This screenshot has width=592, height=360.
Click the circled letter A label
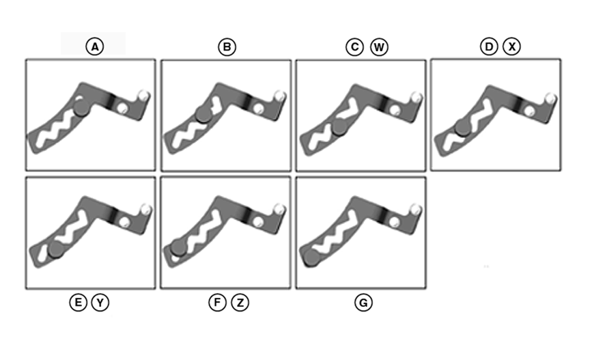click(x=95, y=46)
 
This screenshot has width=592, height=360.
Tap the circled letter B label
click(x=227, y=46)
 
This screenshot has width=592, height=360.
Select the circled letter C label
click(x=354, y=46)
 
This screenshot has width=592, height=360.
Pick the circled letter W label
click(x=378, y=46)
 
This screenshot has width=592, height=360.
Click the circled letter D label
click(x=488, y=46)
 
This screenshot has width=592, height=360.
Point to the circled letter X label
click(x=511, y=46)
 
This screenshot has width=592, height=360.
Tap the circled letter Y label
click(x=100, y=302)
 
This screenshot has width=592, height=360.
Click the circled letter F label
click(x=217, y=302)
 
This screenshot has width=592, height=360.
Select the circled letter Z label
click(x=240, y=302)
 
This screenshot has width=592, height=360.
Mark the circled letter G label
click(x=363, y=302)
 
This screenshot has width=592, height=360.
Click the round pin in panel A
click(x=80, y=106)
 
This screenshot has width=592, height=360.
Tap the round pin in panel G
click(x=311, y=257)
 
